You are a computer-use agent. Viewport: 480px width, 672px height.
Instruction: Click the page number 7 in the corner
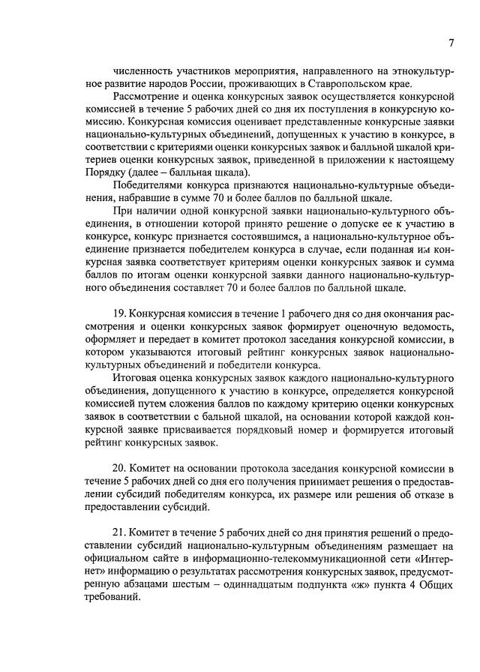pyautogui.click(x=451, y=43)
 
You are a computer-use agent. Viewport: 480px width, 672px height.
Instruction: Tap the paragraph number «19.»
pyautogui.click(x=119, y=313)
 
